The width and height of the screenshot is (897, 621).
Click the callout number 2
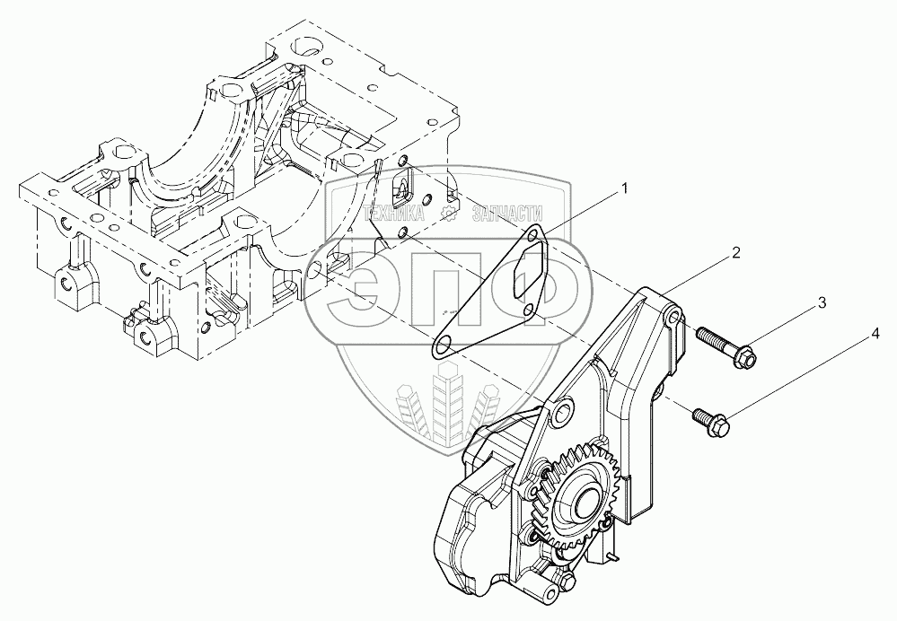pyautogui.click(x=735, y=253)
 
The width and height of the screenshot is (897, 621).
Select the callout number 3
pyautogui.click(x=822, y=305)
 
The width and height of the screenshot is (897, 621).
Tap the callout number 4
pyautogui.click(x=874, y=337)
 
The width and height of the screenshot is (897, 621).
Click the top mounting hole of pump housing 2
pyautogui.click(x=673, y=320)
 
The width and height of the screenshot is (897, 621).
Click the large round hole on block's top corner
pyautogui.click(x=305, y=45)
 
